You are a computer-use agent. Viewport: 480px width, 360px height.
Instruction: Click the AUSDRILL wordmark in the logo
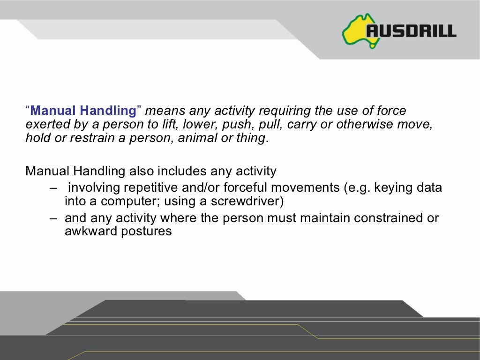(411, 31)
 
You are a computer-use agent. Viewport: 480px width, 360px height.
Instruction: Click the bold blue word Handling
(107, 111)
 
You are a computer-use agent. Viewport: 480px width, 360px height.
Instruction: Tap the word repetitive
(149, 188)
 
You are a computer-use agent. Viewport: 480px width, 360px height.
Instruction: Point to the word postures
(146, 232)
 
